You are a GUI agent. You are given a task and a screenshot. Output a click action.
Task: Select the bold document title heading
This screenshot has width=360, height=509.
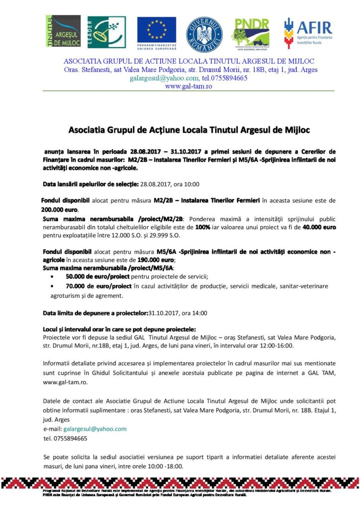(188, 130)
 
